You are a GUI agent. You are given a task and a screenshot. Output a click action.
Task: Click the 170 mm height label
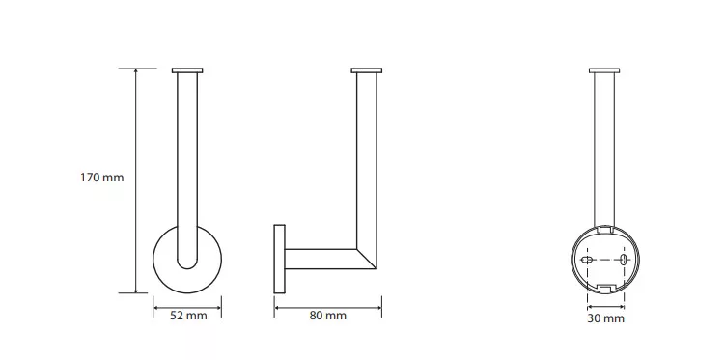coord(102,178)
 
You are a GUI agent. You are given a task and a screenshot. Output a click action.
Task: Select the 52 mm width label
coord(188,317)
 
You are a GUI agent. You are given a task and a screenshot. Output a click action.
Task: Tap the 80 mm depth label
coord(327,317)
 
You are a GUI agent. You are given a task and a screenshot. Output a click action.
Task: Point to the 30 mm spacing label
coord(605,318)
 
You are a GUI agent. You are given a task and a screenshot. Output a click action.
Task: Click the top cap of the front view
coord(187,70)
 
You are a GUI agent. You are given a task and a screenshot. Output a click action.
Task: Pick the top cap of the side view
coord(366,70)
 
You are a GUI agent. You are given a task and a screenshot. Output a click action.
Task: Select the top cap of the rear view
coord(604,70)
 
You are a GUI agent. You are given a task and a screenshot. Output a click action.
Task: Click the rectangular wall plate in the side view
coord(279,259)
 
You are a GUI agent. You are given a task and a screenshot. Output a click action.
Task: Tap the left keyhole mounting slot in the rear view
coord(586,260)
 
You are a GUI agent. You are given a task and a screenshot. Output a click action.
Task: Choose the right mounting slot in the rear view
coord(624,260)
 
